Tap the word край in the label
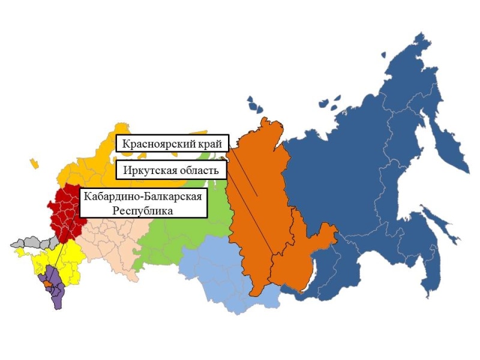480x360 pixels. click(207, 144)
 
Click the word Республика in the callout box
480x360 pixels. click(144, 211)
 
